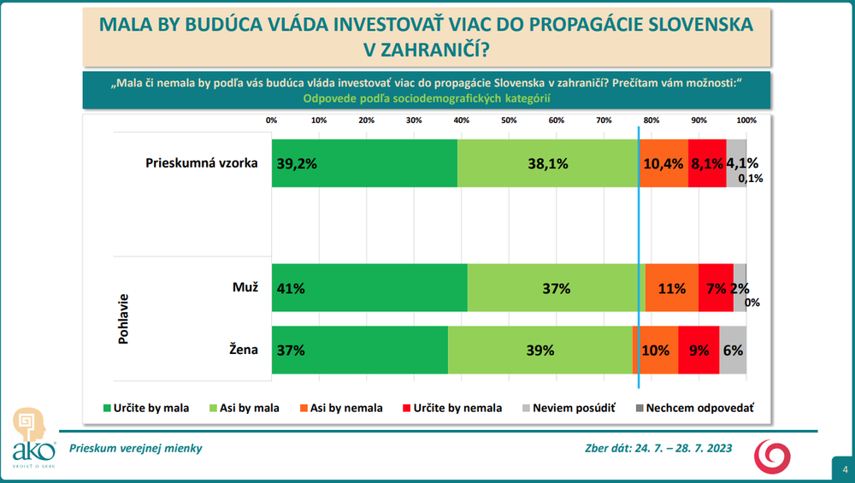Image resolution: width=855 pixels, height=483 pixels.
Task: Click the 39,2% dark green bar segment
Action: [x=364, y=163]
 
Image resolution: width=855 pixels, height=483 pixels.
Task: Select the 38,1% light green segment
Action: [x=548, y=163]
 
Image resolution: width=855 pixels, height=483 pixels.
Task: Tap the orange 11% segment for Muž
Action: [x=672, y=288]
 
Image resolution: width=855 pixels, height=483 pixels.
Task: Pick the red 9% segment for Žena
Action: [x=699, y=350]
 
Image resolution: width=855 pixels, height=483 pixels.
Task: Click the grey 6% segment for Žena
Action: [x=733, y=350]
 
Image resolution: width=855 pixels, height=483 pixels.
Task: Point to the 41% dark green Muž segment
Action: [x=369, y=288]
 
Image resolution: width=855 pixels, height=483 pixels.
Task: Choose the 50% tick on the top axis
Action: [x=508, y=121]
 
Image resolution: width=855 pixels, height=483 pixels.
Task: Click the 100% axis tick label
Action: [x=746, y=121]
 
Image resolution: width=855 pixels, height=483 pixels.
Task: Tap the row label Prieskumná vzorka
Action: [x=202, y=163]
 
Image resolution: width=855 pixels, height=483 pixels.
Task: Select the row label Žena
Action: [x=244, y=350]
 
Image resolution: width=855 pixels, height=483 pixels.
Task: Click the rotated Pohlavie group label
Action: [x=123, y=318]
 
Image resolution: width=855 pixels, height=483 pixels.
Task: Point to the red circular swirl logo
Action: [x=773, y=456]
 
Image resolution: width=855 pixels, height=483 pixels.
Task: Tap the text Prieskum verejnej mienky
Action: [x=136, y=449]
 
